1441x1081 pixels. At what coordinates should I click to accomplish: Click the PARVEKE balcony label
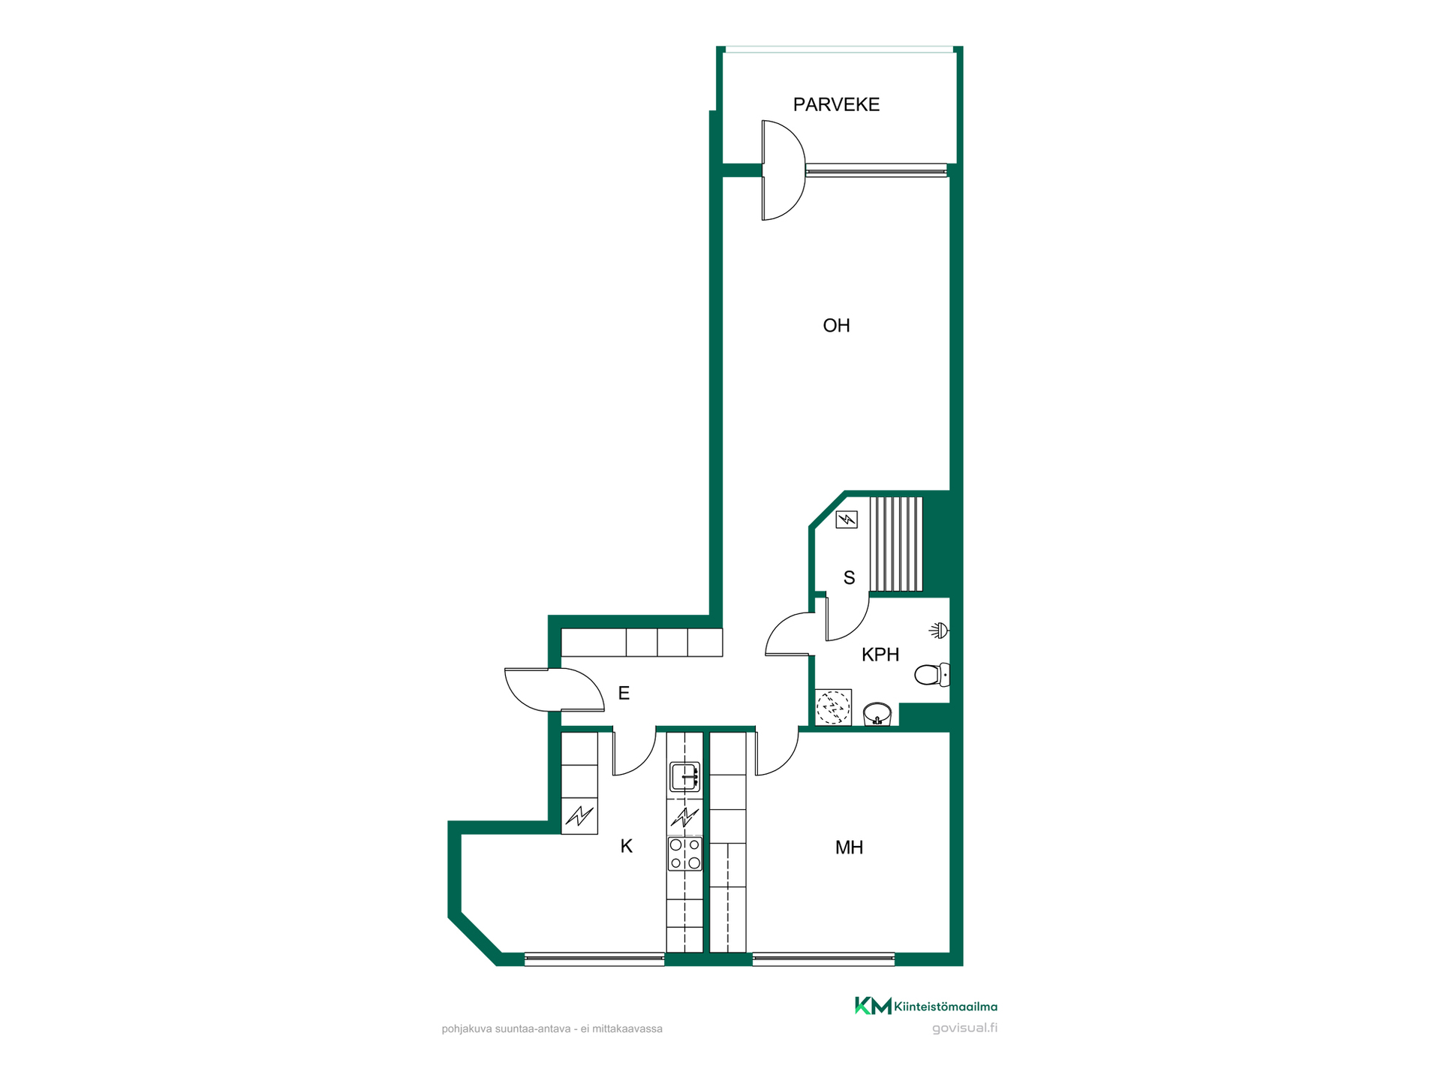836,104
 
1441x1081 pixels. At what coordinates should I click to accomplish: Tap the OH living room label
836,326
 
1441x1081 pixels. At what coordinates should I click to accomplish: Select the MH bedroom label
849,848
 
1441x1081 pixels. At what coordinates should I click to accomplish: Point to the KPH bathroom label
880,655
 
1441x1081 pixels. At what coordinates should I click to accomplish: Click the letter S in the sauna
849,577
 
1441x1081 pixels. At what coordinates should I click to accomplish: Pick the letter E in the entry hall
624,693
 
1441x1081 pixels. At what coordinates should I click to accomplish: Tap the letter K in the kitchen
627,847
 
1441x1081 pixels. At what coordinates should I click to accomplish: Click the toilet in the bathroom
932,674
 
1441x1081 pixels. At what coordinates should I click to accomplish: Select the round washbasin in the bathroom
877,714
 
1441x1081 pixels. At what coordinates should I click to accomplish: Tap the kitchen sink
684,777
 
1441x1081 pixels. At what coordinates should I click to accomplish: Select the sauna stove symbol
847,519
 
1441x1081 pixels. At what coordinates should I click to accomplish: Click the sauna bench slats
896,544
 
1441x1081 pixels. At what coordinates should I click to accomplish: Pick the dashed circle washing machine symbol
833,707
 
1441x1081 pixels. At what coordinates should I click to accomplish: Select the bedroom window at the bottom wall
823,959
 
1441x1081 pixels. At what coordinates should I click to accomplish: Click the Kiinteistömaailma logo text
946,1007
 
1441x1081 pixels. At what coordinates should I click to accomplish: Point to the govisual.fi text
964,1028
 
